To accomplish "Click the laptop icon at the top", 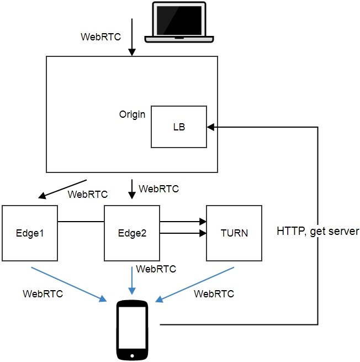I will [x=179, y=22].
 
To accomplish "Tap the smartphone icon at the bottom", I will [x=133, y=330].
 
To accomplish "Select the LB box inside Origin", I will [x=179, y=127].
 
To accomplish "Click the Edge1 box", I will [x=30, y=233].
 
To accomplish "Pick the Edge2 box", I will [x=132, y=233].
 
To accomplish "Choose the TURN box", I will [x=234, y=233].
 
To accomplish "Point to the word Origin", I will [x=133, y=114].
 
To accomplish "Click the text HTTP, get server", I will [x=318, y=231].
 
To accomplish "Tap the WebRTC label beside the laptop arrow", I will [x=101, y=37].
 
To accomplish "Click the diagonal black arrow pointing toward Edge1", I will [x=62, y=188].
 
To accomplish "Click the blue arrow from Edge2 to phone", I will [x=131, y=280].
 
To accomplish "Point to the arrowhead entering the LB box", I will [x=211, y=127].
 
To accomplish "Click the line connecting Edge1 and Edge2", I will [x=81, y=222].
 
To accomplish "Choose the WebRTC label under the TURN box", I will [x=214, y=293].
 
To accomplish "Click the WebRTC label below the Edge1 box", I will [x=43, y=293].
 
